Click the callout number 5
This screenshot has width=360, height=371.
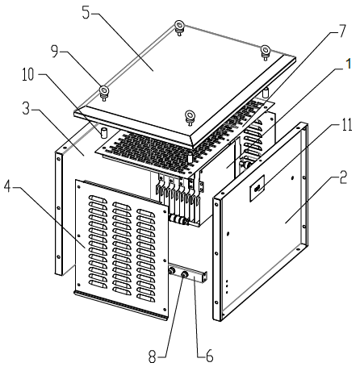[86, 13]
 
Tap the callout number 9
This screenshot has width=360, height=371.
[55, 52]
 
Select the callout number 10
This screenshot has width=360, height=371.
[28, 74]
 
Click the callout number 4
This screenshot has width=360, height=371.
[8, 186]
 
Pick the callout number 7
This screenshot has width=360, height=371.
[341, 31]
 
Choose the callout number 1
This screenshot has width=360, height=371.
[348, 64]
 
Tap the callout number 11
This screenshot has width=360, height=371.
[347, 125]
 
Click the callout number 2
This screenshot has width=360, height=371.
[343, 177]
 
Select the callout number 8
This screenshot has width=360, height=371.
[153, 356]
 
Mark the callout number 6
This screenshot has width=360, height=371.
[209, 356]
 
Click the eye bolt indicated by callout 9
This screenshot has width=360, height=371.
[104, 92]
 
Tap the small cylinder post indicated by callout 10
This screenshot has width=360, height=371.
[103, 132]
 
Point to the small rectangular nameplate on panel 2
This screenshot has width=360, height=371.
[257, 188]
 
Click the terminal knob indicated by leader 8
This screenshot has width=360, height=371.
[184, 275]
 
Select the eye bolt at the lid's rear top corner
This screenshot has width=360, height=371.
[179, 27]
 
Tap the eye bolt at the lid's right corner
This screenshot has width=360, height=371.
[265, 51]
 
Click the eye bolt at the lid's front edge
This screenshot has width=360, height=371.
[190, 117]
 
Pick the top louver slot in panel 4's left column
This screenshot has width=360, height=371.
[98, 199]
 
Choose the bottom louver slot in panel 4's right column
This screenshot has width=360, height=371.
[146, 298]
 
